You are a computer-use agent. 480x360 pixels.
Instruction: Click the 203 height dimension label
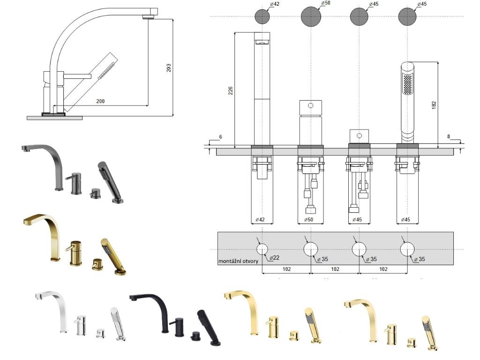click(169, 67)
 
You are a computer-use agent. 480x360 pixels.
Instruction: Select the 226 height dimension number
click(230, 90)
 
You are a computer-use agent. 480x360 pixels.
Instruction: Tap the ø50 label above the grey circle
click(326, 4)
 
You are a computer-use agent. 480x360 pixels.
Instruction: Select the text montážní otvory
click(239, 261)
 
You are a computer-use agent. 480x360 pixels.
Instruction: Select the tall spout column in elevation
click(262, 89)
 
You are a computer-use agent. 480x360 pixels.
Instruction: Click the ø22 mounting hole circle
click(262, 249)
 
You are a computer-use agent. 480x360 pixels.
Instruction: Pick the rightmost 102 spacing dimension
click(383, 269)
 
